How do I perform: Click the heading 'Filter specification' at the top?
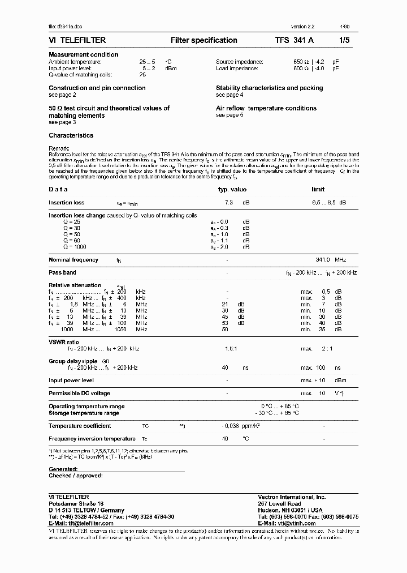click(x=203, y=40)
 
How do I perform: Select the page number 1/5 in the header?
click(x=344, y=40)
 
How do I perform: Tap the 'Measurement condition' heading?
click(x=84, y=54)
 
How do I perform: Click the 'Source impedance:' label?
click(x=239, y=62)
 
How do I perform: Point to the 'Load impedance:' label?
click(x=236, y=69)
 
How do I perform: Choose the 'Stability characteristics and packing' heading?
click(x=269, y=88)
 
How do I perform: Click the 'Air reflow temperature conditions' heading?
click(x=266, y=108)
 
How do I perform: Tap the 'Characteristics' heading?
click(x=71, y=136)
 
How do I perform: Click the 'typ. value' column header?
click(x=232, y=190)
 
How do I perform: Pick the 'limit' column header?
click(x=318, y=190)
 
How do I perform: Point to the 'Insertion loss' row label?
click(x=67, y=203)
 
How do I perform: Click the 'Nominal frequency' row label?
click(x=73, y=260)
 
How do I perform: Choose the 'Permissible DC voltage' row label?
click(x=79, y=394)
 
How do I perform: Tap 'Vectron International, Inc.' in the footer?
click(x=292, y=497)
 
